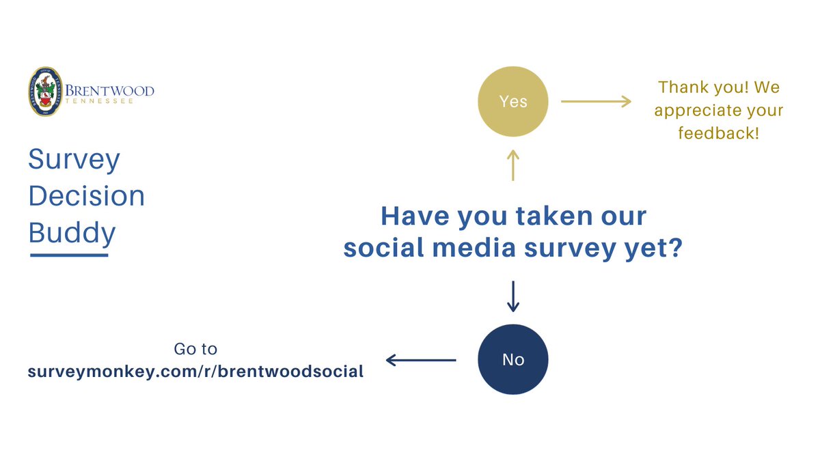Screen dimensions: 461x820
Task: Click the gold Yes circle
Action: point(513,102)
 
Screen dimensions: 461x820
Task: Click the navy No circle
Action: point(513,359)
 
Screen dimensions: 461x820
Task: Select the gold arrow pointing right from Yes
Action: point(597,102)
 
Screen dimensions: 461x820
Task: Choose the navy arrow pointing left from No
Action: point(421,359)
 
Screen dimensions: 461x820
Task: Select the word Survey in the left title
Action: point(74,160)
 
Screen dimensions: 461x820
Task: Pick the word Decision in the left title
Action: point(87,197)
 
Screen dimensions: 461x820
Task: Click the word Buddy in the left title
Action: point(72,234)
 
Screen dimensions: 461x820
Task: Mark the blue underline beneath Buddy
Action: point(69,255)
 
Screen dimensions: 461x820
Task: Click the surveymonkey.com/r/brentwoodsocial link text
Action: point(195,372)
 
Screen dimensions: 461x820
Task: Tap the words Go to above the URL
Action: point(195,349)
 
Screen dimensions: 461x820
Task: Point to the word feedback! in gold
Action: point(719,133)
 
